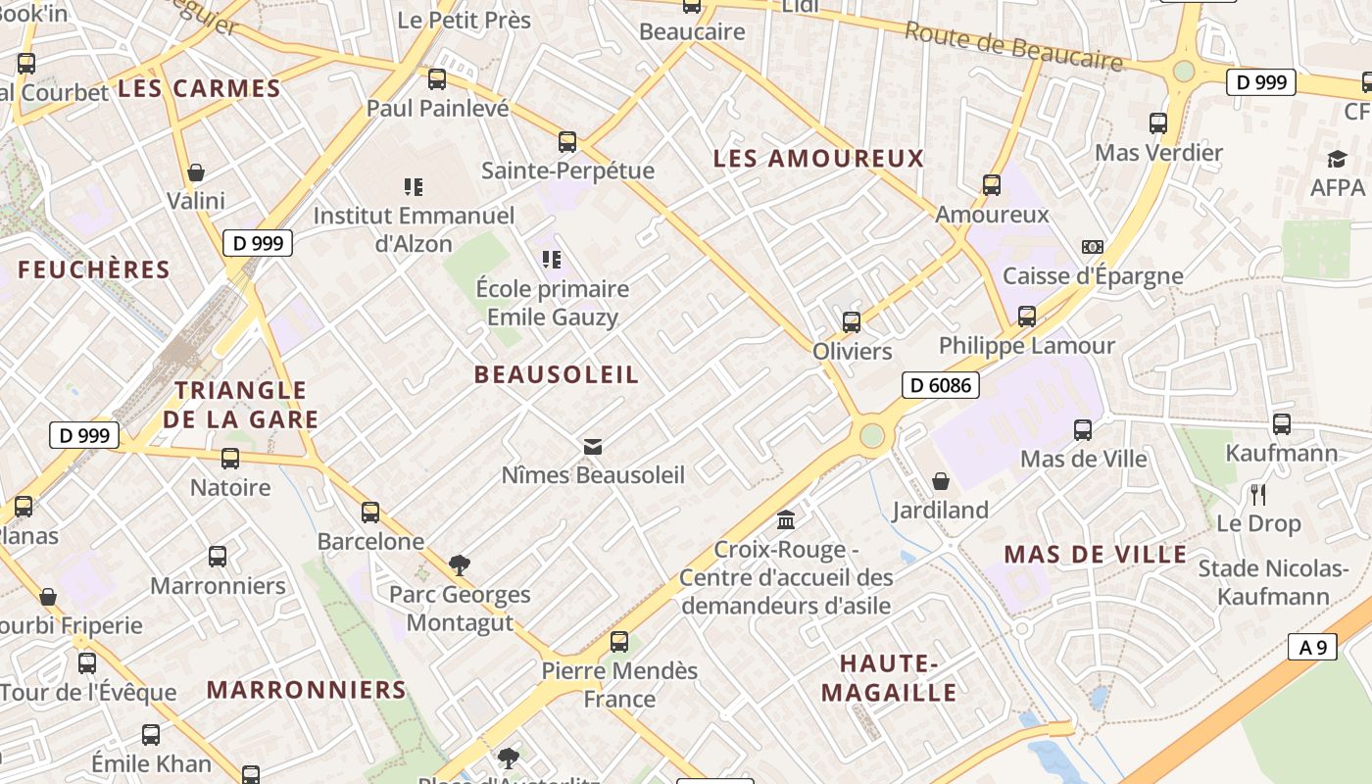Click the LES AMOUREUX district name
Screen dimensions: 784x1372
818,158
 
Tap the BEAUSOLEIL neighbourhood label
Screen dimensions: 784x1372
556,374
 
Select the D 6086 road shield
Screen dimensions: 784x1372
940,385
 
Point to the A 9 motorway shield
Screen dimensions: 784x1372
1312,647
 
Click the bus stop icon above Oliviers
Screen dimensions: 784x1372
852,321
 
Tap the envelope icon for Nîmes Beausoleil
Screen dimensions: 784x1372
592,447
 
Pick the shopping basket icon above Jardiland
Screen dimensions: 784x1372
940,481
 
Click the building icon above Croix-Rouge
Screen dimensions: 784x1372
786,519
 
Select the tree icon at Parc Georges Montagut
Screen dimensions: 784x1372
459,564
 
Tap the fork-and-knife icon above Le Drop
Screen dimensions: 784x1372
1258,494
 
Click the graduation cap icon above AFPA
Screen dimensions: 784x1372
1337,159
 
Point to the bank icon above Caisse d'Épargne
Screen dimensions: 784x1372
1092,247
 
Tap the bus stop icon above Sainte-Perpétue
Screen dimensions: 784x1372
567,142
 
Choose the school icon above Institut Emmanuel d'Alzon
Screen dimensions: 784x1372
413,186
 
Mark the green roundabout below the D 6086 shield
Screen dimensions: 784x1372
872,435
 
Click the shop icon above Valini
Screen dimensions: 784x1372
196,172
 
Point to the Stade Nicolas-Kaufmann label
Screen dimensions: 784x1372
1274,582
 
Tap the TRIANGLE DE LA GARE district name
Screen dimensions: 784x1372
241,405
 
